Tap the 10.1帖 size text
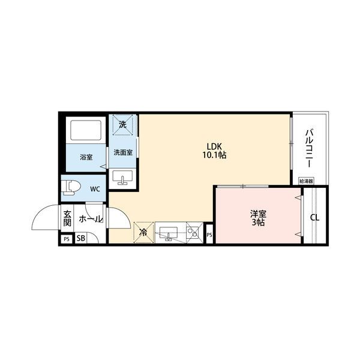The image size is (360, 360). [x=214, y=155]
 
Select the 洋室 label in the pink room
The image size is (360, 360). [x=259, y=213]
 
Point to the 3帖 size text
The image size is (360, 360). [x=259, y=222]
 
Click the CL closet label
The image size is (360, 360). [x=314, y=217]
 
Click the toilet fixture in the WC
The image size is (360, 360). [x=71, y=188]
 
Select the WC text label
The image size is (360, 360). [x=95, y=188]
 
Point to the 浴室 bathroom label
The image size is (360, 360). [x=86, y=157]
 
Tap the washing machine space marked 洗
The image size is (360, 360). [x=122, y=125]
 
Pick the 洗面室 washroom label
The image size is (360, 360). [x=124, y=153]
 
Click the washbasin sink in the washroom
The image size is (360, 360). [x=122, y=178]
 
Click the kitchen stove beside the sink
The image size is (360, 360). [x=194, y=231]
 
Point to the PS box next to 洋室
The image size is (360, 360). [x=209, y=235]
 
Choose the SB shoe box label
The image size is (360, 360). [x=80, y=239]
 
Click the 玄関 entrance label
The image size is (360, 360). [x=67, y=218]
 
